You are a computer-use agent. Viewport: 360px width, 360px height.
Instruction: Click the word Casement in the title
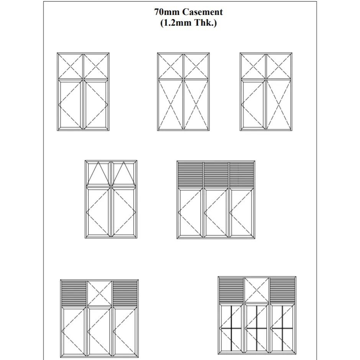click(202, 12)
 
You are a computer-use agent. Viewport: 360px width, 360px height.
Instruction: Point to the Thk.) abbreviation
click(206, 23)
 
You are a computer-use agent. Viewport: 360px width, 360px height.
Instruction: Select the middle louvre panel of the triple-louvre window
click(216, 175)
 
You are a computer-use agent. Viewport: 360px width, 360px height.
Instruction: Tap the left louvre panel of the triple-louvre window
click(190, 175)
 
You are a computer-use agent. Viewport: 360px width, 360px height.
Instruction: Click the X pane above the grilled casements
click(257, 290)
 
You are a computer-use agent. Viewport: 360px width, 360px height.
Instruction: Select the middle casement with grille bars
click(257, 328)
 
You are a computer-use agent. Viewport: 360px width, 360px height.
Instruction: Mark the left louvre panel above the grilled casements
click(231, 290)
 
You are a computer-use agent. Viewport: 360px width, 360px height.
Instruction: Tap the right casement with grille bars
click(282, 328)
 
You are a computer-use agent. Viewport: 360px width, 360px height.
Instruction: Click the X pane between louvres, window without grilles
click(99, 293)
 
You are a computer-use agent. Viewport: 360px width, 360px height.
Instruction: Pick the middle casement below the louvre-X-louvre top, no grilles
click(99, 332)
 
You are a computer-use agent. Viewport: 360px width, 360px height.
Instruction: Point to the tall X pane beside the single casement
click(278, 105)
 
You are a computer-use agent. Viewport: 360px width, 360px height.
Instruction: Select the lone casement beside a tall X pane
click(253, 105)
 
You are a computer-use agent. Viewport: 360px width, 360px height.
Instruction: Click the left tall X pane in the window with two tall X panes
click(170, 105)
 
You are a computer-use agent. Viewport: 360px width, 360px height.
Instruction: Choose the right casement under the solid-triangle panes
click(124, 212)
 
